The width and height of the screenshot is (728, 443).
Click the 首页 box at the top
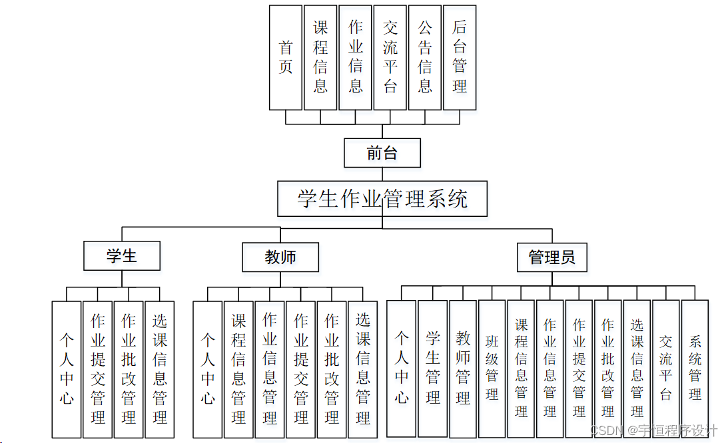pos(286,57)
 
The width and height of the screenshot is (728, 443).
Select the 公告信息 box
pos(425,57)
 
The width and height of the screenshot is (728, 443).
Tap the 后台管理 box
pos(460,57)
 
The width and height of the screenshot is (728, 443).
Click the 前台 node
pos(382,153)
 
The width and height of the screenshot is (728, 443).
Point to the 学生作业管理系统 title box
pos(382,199)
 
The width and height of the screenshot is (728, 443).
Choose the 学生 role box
pos(122,256)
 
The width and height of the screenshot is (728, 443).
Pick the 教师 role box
pos(280,257)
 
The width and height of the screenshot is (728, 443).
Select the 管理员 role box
pos(552,257)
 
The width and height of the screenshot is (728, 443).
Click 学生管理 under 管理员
pos(433,368)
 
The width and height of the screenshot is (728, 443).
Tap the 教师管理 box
pos(464,368)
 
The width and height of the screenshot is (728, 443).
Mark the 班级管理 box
pos(492,368)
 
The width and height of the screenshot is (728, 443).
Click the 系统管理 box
pos(695,368)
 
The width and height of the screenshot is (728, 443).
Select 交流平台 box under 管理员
pos(666,368)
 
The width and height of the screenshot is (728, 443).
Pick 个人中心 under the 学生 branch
pos(67,369)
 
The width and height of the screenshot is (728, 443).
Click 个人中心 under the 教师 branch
pos(208,369)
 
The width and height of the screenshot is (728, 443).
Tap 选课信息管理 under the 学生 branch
pos(160,369)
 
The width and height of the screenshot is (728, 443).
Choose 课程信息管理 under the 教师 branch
pos(238,369)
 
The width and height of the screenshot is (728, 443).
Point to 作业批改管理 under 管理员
pos(608,368)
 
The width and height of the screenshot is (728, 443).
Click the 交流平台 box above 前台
pos(390,57)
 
